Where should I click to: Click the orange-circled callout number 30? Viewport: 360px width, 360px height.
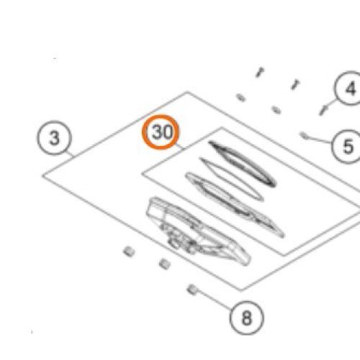[x=161, y=132]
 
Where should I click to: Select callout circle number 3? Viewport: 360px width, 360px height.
[x=55, y=138]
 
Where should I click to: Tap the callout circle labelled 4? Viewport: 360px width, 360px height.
[x=350, y=88]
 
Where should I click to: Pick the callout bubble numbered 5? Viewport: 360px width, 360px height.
[x=348, y=146]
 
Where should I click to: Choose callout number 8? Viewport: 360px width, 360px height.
[x=247, y=318]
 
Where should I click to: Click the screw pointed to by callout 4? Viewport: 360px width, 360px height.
[x=323, y=110]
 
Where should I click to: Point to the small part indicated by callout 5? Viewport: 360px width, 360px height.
[x=304, y=135]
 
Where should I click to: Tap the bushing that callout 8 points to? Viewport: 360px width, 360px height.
[x=192, y=289]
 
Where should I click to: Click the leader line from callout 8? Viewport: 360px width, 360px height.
[x=214, y=300]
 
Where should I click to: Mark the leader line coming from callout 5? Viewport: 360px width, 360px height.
[x=320, y=140]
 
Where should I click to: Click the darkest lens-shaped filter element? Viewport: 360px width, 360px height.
[x=243, y=164]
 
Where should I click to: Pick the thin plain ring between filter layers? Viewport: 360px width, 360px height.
[x=232, y=179]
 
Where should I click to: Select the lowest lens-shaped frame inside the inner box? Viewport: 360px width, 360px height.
[x=235, y=204]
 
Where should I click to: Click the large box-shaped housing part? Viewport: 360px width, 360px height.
[x=198, y=231]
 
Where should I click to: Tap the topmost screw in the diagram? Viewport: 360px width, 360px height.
[x=260, y=72]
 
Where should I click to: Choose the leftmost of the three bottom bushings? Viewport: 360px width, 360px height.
[x=129, y=251]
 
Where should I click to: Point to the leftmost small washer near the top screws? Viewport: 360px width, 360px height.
[x=240, y=98]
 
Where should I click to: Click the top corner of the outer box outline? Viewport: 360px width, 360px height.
[x=187, y=91]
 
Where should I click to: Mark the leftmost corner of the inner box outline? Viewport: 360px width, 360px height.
[x=142, y=174]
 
